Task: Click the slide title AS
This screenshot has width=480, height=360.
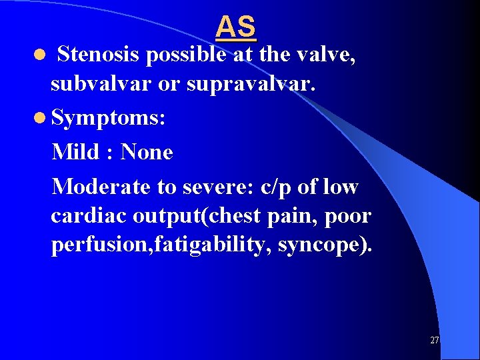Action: click(x=236, y=27)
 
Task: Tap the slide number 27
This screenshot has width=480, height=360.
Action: click(x=434, y=341)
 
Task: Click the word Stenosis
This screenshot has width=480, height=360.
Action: click(x=99, y=55)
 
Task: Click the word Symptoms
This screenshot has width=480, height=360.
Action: click(x=107, y=119)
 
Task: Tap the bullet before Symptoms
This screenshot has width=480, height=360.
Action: click(x=41, y=119)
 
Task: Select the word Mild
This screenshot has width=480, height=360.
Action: click(x=74, y=152)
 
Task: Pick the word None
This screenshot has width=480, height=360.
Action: click(x=147, y=152)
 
